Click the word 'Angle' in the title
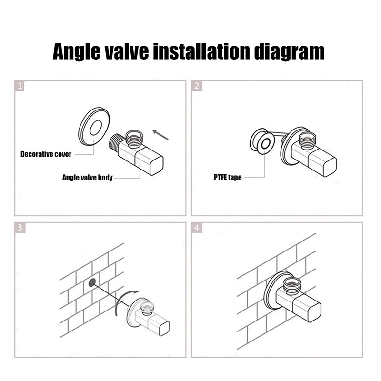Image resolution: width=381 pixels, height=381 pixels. (x=77, y=51)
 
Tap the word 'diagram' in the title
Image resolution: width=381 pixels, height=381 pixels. (x=289, y=51)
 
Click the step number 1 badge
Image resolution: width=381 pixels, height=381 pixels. (x=20, y=86)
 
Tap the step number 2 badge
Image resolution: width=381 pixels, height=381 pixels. (x=197, y=86)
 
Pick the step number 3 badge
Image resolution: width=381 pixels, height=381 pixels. (x=20, y=228)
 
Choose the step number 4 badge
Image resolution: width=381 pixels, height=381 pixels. (x=197, y=228)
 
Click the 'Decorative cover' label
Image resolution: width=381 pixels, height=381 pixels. (x=46, y=154)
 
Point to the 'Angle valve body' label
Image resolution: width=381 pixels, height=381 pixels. (x=88, y=178)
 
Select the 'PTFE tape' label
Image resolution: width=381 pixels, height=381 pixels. (x=228, y=177)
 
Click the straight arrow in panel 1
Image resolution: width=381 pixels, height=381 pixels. (x=160, y=135)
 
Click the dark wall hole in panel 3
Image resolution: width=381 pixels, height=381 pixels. (x=92, y=282)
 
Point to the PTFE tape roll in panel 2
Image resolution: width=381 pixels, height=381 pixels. (x=262, y=141)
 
